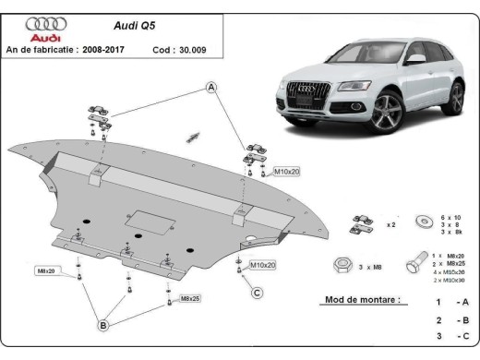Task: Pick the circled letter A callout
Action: [x=211, y=88]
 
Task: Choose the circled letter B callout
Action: [x=104, y=324]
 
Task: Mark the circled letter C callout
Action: [x=258, y=294]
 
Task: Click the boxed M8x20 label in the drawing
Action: [x=45, y=270]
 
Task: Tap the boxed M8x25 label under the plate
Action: [x=191, y=299]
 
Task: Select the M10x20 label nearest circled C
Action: [x=262, y=265]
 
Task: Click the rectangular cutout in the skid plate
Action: [x=148, y=222]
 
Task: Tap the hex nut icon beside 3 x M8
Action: [x=341, y=266]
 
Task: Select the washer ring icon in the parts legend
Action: [x=425, y=222]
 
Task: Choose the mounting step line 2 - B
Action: [x=452, y=320]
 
